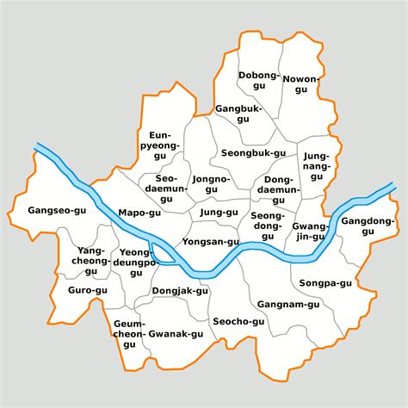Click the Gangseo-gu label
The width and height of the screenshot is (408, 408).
coord(58,210)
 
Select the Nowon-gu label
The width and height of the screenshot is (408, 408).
coord(300,83)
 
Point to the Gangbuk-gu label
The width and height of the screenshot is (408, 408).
coord(238,114)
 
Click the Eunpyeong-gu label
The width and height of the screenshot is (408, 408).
coord(164,146)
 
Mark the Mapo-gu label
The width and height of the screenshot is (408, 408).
coord(139,212)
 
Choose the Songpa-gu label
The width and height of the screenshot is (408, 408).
coord(325,282)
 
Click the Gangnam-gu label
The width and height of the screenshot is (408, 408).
coord(281,305)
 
